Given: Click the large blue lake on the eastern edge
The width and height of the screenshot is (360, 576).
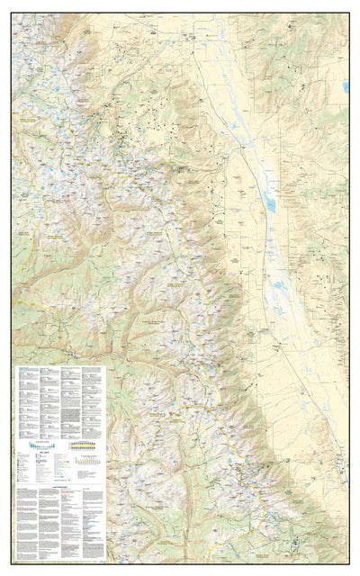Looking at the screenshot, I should (345, 87).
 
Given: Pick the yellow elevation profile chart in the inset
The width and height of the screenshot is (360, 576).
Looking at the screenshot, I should (82, 445).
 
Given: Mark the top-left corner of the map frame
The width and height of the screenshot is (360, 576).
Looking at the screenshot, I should (12, 13).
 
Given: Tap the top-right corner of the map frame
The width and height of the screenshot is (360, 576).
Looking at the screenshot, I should (348, 13).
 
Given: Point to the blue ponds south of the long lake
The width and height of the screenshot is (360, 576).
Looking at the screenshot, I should (280, 292).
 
